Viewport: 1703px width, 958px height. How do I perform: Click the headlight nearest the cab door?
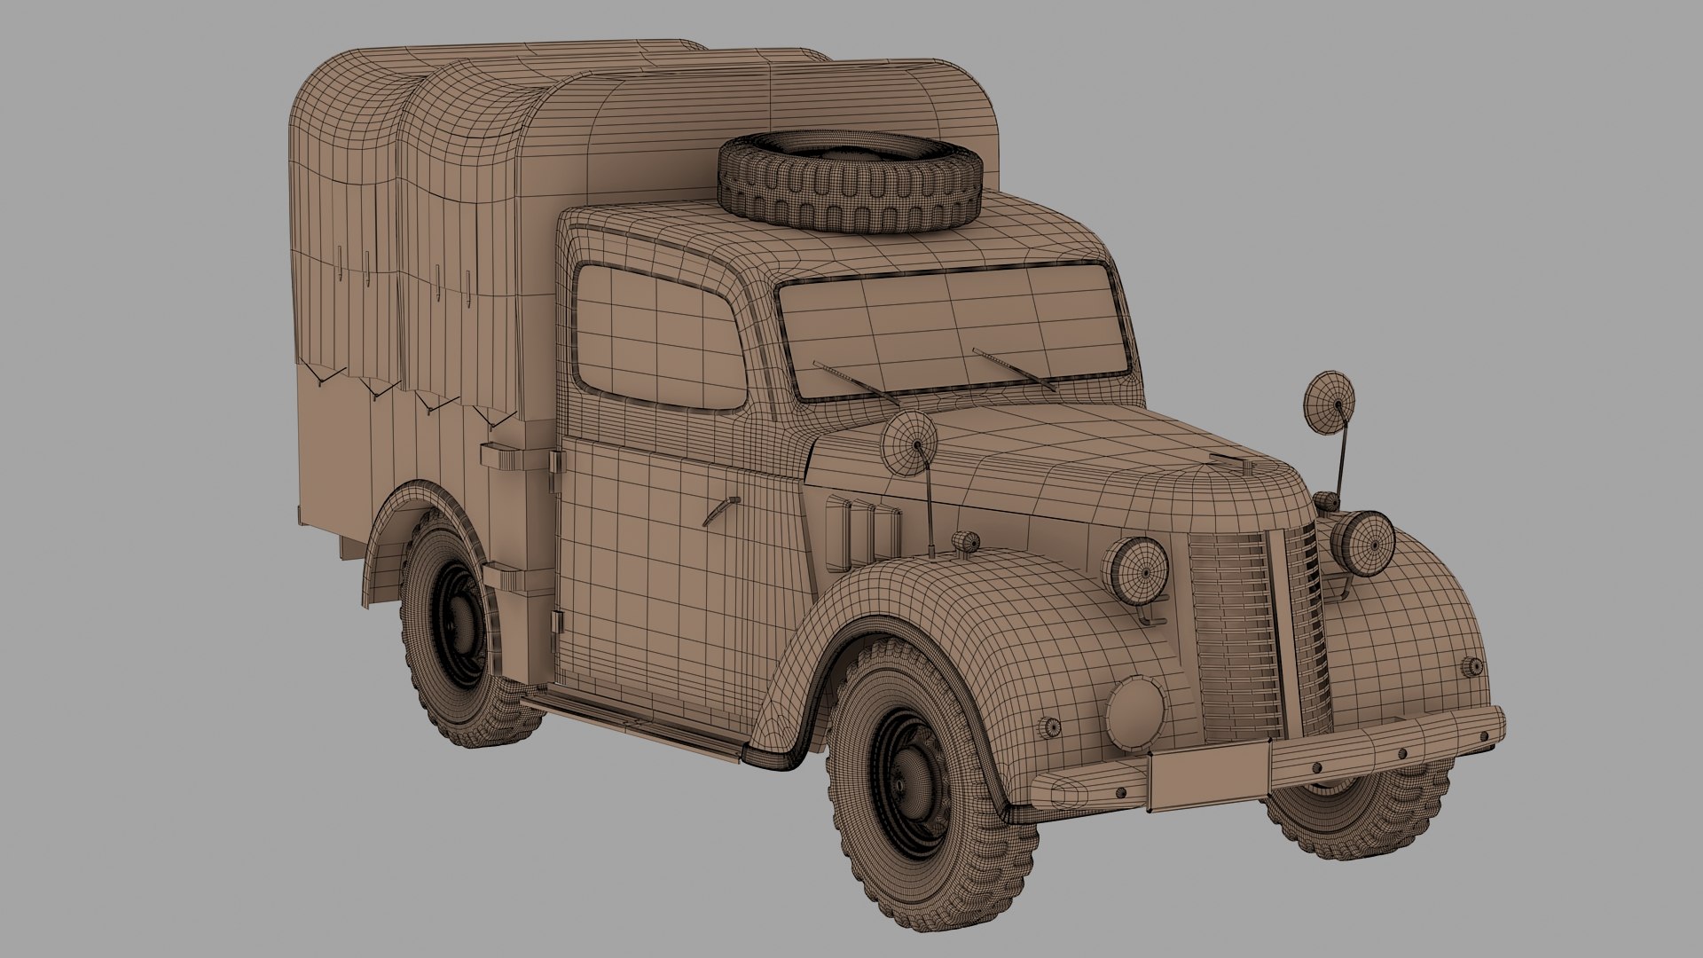pos(1136,568)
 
